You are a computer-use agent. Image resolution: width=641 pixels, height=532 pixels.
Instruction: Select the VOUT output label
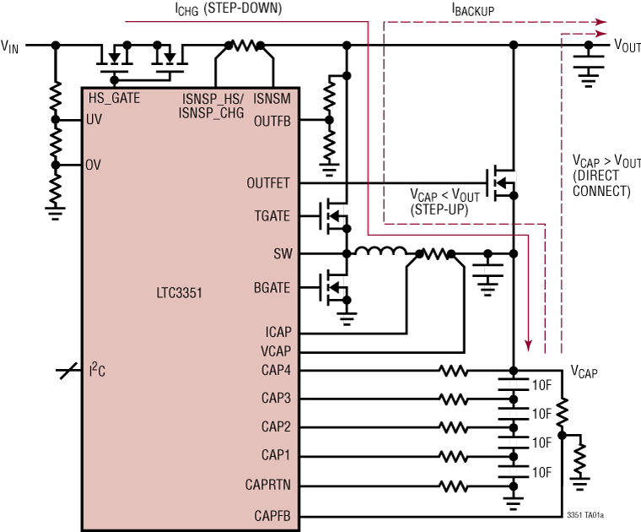626,46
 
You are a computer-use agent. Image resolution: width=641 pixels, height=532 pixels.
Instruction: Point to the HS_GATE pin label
114,98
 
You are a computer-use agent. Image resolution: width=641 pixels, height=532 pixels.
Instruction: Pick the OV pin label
94,165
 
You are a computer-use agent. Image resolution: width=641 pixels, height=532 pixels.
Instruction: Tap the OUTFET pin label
268,182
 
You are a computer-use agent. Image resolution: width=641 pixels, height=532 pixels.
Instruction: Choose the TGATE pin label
271,217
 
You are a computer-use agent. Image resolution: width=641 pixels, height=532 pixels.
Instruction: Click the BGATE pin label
271,288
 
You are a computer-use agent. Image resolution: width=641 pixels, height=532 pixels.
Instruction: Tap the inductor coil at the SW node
380,252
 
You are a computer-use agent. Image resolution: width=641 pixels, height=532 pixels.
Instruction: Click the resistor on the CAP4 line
453,370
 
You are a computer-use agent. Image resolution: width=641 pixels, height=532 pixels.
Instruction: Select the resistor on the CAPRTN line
453,486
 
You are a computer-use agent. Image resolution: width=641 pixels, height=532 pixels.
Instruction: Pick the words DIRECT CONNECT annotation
601,183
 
